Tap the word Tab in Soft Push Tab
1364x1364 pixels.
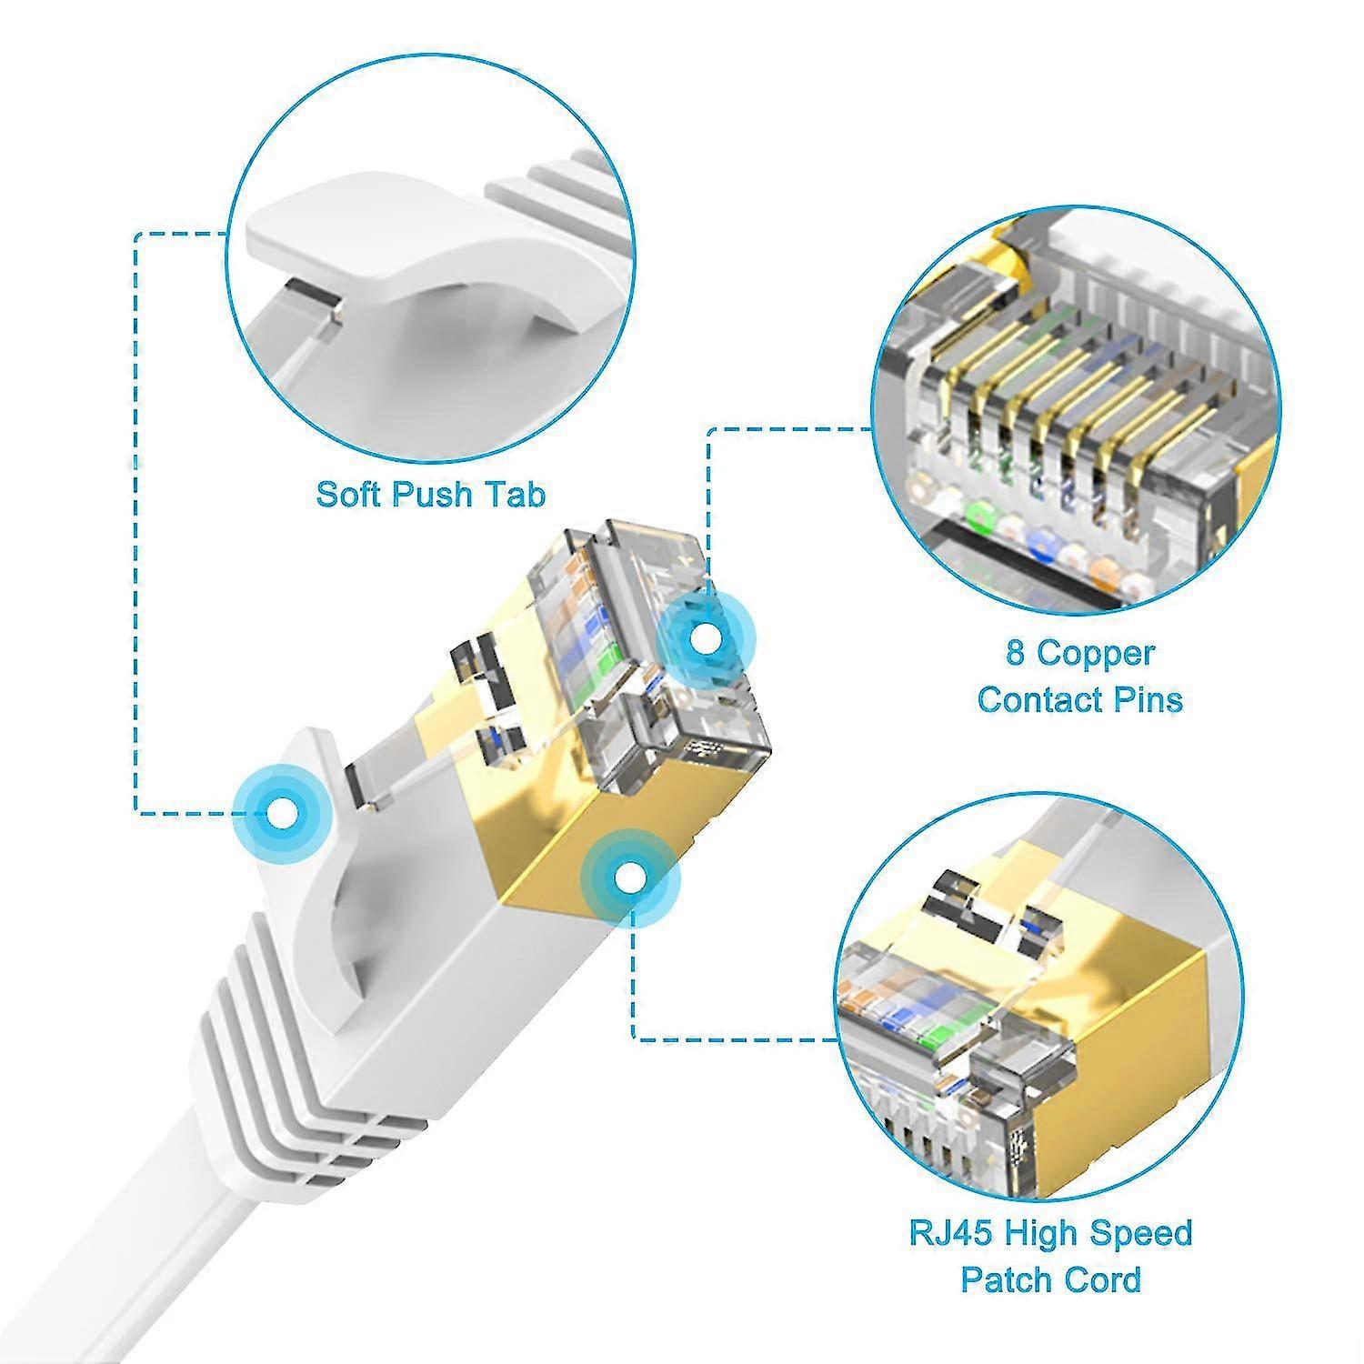[x=515, y=494]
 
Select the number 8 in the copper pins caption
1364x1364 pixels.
[x=1015, y=653]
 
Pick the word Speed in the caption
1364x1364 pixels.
[x=1141, y=1234]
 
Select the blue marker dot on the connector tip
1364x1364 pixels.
[x=704, y=638]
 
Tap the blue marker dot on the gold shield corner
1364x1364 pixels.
[x=629, y=878]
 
